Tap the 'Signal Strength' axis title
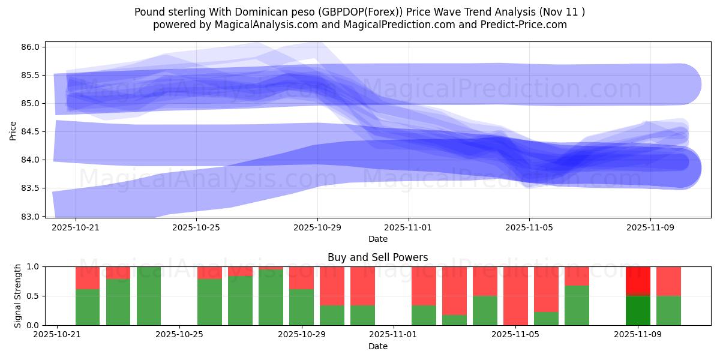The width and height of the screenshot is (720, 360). [18, 295]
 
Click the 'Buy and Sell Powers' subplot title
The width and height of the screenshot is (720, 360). [377, 257]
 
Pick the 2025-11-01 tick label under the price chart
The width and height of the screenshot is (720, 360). [408, 227]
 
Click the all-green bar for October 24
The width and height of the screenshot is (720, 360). [149, 296]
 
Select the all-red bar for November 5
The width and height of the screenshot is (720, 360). [515, 296]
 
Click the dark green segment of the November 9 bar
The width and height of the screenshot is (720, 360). [638, 310]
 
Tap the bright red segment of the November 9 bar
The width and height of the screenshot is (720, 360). [638, 280]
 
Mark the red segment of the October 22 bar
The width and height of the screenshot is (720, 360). [88, 278]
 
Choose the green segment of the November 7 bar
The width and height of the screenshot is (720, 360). [577, 305]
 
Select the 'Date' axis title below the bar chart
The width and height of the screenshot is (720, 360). [377, 347]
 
